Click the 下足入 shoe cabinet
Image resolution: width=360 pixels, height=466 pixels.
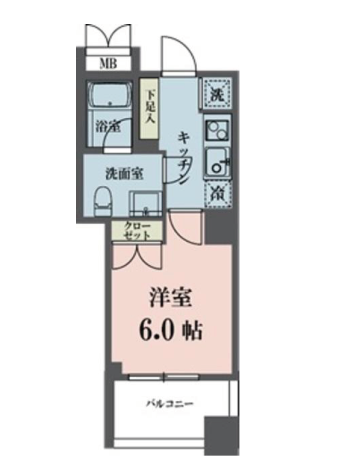pyautogui.click(x=149, y=109)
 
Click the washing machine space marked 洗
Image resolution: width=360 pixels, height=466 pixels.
pyautogui.click(x=218, y=92)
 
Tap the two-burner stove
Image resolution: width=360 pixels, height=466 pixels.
pyautogui.click(x=218, y=129)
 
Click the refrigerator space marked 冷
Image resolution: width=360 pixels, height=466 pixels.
pyautogui.click(x=218, y=193)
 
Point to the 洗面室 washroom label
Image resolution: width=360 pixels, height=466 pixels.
pyautogui.click(x=124, y=174)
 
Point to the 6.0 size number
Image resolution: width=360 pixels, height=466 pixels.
pyautogui.click(x=159, y=330)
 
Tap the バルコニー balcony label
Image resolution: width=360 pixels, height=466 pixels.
pyautogui.click(x=169, y=405)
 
